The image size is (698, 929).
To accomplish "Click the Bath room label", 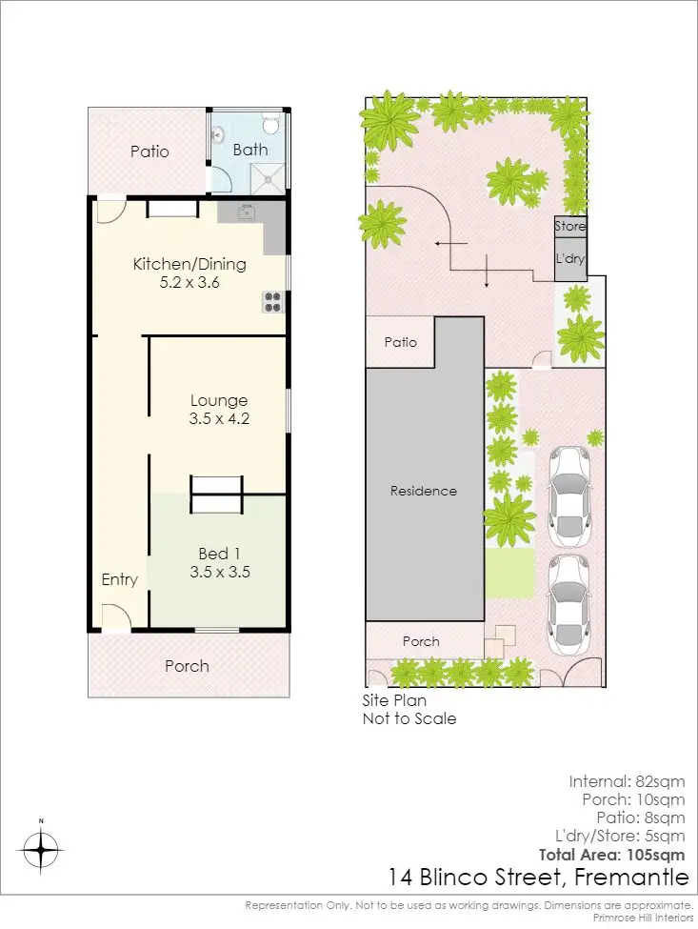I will click(x=250, y=150).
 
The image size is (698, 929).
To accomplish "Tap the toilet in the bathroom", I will click(x=269, y=125).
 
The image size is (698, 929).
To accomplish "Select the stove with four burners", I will click(x=273, y=301).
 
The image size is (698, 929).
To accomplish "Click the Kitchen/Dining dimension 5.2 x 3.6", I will click(x=189, y=282).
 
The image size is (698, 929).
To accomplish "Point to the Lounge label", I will click(x=218, y=400).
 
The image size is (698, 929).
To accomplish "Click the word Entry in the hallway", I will click(x=120, y=579).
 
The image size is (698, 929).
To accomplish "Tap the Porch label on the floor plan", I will click(x=187, y=666).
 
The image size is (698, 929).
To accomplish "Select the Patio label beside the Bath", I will click(x=150, y=151).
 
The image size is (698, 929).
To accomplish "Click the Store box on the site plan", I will click(x=570, y=227).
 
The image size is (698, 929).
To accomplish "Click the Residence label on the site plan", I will click(x=424, y=491).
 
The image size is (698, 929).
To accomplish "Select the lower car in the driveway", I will click(x=568, y=600).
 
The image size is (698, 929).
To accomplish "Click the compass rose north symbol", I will click(x=41, y=845).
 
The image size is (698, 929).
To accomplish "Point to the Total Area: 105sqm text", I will click(x=611, y=854).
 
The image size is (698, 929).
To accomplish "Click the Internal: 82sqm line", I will click(x=627, y=781).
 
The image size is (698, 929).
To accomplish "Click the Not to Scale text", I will click(x=409, y=718).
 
